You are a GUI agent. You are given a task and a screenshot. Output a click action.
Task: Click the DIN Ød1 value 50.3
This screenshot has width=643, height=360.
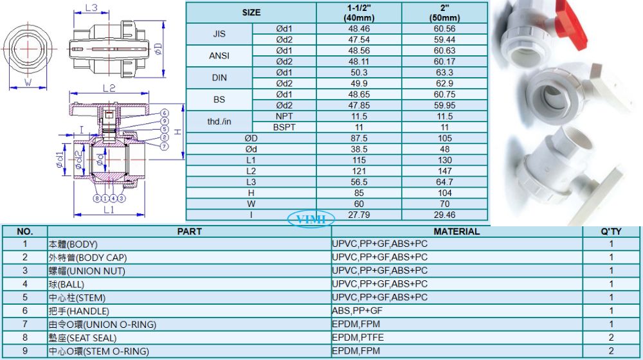pos(359,73)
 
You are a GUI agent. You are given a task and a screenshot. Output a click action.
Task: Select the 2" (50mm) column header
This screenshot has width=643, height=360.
pos(444,13)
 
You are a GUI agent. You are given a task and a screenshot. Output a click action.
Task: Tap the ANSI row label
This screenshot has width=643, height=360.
pos(219,56)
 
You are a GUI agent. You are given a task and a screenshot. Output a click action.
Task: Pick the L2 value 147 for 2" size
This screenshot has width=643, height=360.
pos(444,171)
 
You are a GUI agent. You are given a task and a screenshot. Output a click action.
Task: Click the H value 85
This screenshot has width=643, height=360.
pos(359,193)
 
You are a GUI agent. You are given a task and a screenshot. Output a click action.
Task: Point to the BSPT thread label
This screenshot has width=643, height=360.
pos(284,127)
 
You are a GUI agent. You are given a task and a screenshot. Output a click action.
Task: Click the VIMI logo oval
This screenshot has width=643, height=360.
pos(311,219)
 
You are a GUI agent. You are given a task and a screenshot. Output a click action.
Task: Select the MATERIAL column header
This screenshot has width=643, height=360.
pos(457,231)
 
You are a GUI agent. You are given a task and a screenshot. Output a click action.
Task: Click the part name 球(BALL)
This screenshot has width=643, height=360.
pos(66,284)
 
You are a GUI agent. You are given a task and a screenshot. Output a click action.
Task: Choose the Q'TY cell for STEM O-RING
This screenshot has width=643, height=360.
pos(611,351)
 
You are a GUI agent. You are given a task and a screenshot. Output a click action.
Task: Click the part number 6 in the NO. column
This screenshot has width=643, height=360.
pos(25,310)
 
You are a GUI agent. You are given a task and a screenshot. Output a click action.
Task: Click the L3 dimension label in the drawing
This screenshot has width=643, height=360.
pos(91,8)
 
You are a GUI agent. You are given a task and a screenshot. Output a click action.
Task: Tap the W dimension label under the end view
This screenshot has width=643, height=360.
pos(28,82)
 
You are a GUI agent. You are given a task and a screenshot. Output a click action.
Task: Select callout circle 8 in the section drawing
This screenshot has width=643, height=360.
pos(97,199)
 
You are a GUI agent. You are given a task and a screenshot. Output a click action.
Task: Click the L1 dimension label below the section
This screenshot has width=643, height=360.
pos(109,210)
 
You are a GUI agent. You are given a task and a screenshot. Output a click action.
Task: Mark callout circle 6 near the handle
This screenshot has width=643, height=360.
pos(165,113)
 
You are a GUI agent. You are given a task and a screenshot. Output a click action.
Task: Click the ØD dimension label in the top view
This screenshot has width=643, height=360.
pos(158,50)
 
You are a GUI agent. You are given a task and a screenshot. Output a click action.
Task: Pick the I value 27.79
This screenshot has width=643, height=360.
pos(359,215)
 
